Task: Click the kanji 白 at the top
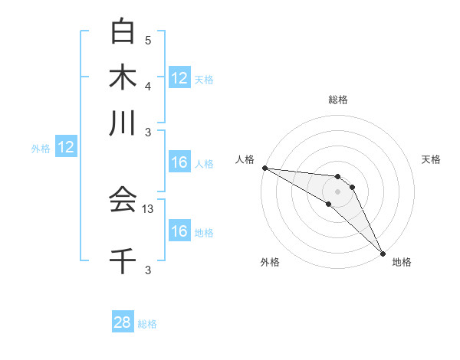pos(123,31)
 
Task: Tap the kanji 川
pos(123,123)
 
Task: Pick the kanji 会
pos(123,200)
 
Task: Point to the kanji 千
pos(123,260)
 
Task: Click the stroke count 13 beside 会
pos(149,208)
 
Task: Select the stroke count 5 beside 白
pos(148,40)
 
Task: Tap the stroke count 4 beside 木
pos(148,86)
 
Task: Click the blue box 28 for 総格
pos(123,322)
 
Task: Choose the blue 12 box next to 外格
pos(66,148)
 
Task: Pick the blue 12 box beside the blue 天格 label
pos(179,78)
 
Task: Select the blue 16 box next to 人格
pos(179,162)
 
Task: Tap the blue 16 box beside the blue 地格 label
pos(179,231)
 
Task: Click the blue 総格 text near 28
pos(147,324)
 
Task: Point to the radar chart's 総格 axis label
pos(337,100)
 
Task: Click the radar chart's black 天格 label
pos(431,159)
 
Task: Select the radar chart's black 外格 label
pos(270,262)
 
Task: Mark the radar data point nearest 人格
pos(264,168)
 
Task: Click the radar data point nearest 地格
pos(382,252)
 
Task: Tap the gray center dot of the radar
pos(337,191)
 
